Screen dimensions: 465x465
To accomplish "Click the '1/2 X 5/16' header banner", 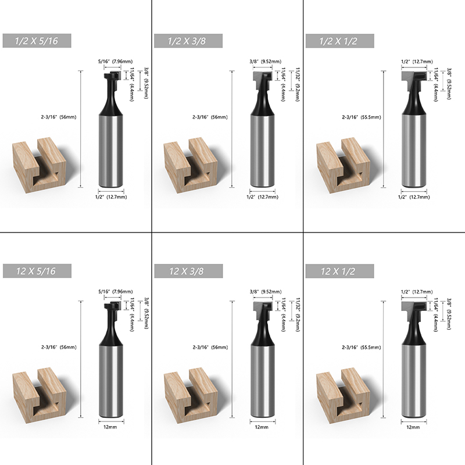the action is click(x=37, y=41).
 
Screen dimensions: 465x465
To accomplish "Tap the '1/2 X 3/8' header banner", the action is click(x=188, y=41).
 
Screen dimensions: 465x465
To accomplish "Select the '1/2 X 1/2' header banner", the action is click(x=339, y=41).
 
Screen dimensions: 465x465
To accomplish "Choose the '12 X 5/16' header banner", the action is click(x=37, y=271).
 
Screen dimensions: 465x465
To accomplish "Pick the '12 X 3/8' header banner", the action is click(x=188, y=271).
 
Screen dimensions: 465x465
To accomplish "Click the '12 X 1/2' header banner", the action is click(x=339, y=271).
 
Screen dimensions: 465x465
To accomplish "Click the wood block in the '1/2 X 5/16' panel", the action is click(x=39, y=165).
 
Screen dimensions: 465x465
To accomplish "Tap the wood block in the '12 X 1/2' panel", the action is click(x=343, y=395).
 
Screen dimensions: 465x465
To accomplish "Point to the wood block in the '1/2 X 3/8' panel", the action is click(x=191, y=165).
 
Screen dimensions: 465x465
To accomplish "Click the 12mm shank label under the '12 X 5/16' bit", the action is click(x=110, y=427).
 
